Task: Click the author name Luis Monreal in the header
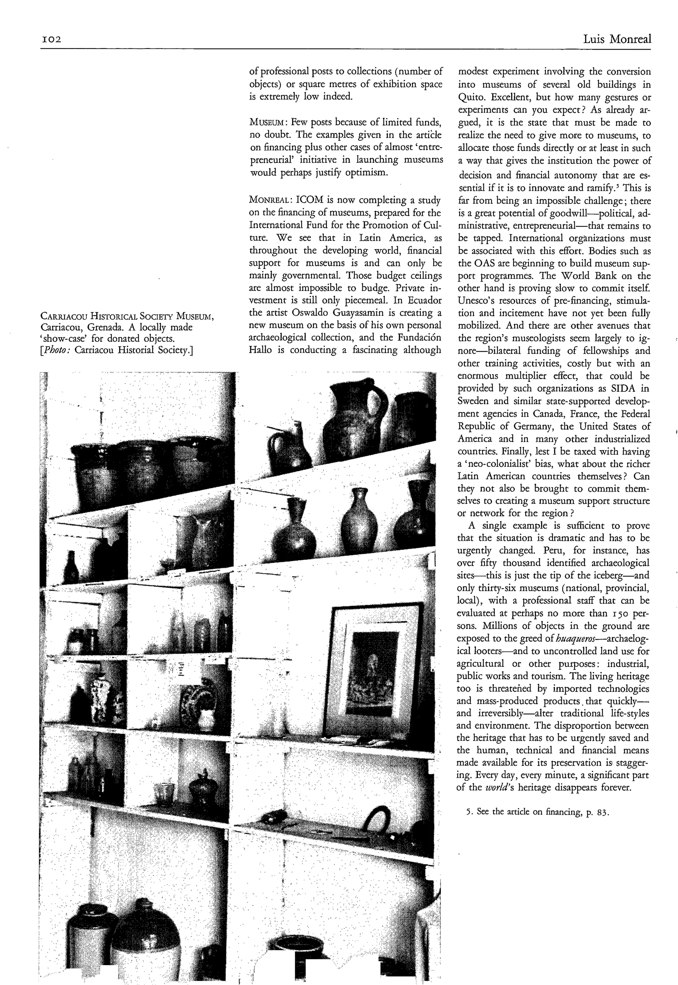tap(616, 39)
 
